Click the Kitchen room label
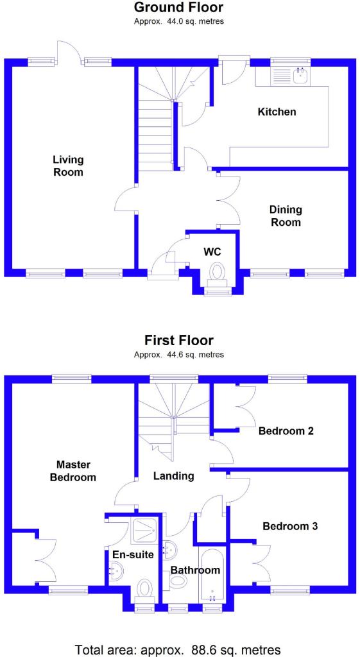pyautogui.click(x=277, y=112)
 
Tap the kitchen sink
pyautogui.click(x=302, y=76)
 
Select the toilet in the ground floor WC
pyautogui.click(x=218, y=273)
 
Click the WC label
pyautogui.click(x=212, y=252)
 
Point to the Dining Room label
pyautogui.click(x=286, y=216)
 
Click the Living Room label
pyautogui.click(x=68, y=166)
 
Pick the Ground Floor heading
pyautogui.click(x=178, y=7)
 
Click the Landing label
pyautogui.click(x=173, y=475)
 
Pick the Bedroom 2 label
pyautogui.click(x=286, y=431)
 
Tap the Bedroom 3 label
pyautogui.click(x=290, y=526)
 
